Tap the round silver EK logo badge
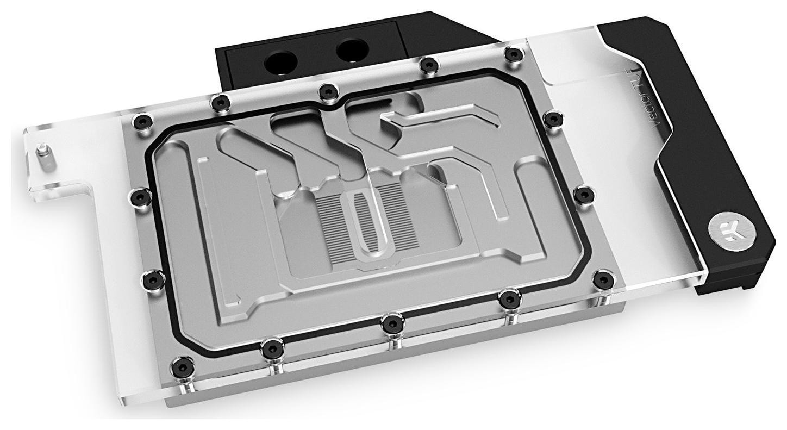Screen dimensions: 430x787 [x=726, y=230]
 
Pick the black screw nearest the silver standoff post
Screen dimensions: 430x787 [x=141, y=120]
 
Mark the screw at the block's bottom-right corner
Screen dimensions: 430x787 [x=603, y=279]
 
